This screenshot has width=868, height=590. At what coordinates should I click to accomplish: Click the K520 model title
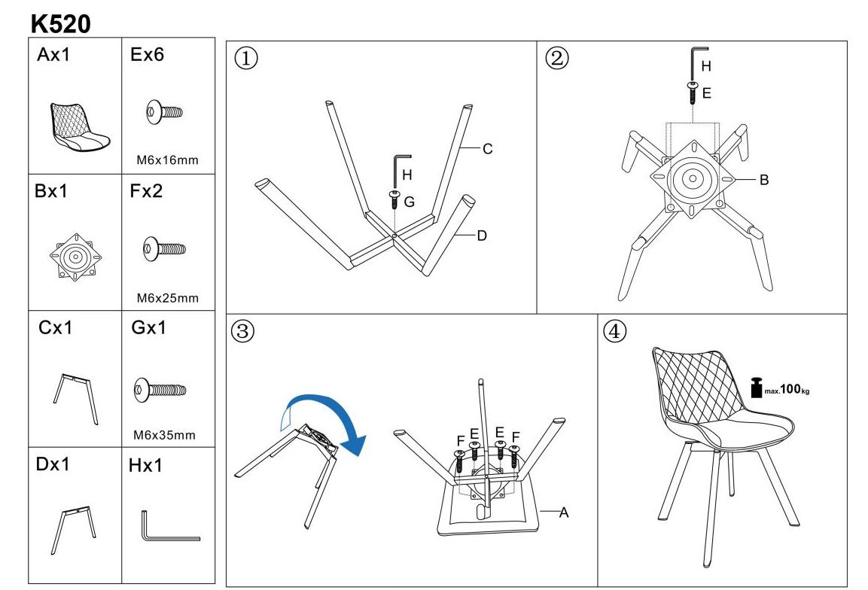click(x=60, y=24)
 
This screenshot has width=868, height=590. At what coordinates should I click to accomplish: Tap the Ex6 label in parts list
click(x=147, y=55)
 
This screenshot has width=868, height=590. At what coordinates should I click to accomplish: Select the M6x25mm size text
click(x=167, y=298)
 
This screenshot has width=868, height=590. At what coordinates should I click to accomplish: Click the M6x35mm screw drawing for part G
click(x=159, y=390)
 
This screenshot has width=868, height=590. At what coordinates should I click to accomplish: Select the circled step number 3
click(x=241, y=332)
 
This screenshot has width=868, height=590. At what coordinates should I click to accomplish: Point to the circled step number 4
click(x=614, y=332)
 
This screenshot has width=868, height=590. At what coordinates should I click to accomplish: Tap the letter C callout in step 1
click(x=487, y=149)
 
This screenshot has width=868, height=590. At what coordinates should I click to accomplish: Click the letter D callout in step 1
click(x=482, y=236)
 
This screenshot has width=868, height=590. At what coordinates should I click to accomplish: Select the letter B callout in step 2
click(x=763, y=180)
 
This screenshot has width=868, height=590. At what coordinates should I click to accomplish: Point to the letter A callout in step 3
click(x=563, y=512)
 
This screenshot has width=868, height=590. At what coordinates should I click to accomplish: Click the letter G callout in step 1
click(x=410, y=202)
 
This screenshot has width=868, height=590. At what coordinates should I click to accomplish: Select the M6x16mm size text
click(x=167, y=160)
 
